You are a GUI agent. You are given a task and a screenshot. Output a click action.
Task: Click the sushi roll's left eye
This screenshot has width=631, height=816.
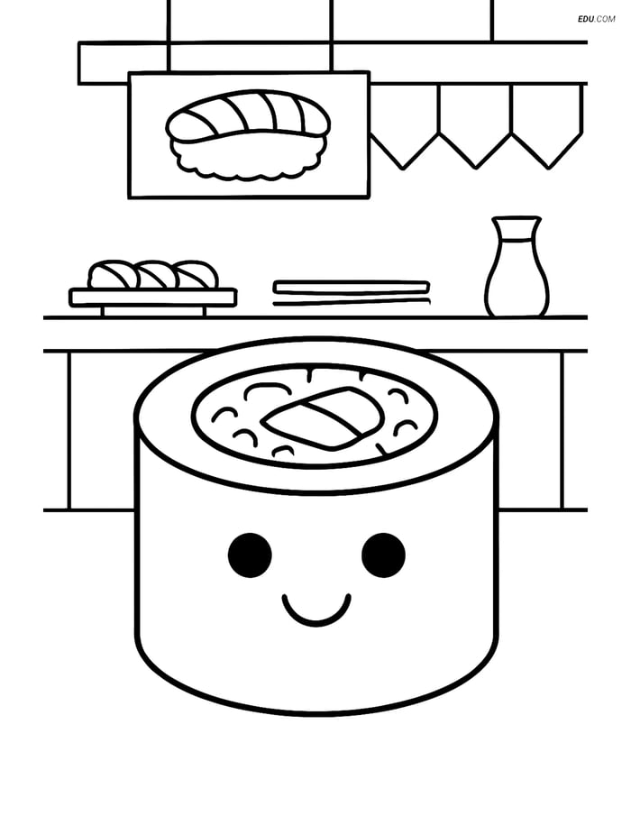(250, 555)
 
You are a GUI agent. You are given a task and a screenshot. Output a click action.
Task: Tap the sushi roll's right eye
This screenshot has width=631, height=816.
(383, 555)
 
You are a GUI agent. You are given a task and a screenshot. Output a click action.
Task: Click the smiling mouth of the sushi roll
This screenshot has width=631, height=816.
(316, 609)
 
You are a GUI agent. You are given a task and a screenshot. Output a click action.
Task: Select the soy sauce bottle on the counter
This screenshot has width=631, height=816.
(517, 267)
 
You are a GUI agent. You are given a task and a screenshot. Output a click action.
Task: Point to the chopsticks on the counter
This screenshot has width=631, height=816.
(352, 293)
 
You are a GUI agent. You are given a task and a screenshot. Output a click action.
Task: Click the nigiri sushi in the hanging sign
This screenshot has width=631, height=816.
(248, 135)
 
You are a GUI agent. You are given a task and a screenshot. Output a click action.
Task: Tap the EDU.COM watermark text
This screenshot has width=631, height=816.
(596, 19)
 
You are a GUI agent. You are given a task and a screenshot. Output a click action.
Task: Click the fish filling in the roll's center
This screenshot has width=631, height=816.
(323, 417)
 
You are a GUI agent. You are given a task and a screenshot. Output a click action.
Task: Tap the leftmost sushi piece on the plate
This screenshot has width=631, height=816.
(110, 274)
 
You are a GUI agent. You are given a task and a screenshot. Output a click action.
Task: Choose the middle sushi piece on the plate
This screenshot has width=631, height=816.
(154, 274)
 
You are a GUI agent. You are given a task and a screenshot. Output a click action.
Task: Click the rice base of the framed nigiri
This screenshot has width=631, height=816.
(248, 158)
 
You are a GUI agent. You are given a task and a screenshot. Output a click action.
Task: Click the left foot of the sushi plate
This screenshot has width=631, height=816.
(104, 311)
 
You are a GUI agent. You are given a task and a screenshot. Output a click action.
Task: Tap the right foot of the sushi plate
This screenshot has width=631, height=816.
(204, 311)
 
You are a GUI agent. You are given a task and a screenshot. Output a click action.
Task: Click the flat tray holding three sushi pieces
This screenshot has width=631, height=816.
(153, 298)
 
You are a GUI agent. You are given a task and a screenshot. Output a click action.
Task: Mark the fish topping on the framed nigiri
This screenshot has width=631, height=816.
(248, 115)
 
